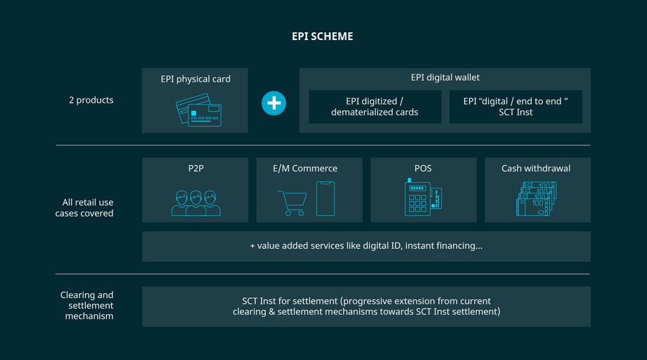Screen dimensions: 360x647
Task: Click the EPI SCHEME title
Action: coord(323,37)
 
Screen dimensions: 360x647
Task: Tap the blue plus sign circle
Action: coord(274,103)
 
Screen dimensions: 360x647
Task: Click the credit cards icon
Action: coord(198,110)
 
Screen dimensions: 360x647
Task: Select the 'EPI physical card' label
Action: coord(196,79)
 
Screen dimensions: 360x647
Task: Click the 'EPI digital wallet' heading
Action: coord(445,77)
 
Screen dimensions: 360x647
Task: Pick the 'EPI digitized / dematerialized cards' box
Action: coord(375,107)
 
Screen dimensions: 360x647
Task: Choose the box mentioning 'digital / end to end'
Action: coord(515,107)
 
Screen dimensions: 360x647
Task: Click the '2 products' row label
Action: coord(91,100)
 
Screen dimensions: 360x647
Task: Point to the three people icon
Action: coord(196,203)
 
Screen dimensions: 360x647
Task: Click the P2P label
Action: coord(196,169)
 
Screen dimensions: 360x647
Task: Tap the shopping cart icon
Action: coord(291,203)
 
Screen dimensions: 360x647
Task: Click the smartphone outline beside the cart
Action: coord(326,199)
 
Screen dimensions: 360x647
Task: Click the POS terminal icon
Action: coord(423,198)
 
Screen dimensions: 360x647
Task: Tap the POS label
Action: coord(423,169)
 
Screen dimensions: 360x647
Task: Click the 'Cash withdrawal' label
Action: coord(536,169)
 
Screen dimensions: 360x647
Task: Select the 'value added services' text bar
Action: coord(366,246)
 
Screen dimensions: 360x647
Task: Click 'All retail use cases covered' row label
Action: coord(84,207)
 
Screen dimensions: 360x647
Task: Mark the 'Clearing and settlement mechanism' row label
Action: coord(87,305)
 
